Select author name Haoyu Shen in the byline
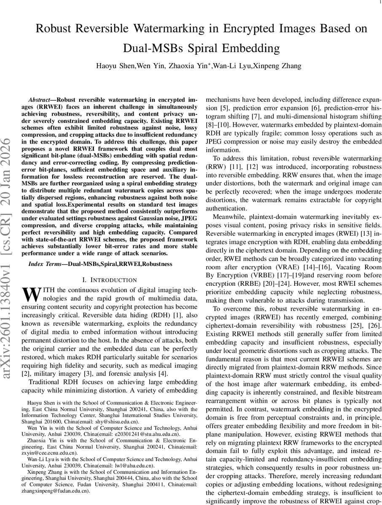(x=111, y=66)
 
